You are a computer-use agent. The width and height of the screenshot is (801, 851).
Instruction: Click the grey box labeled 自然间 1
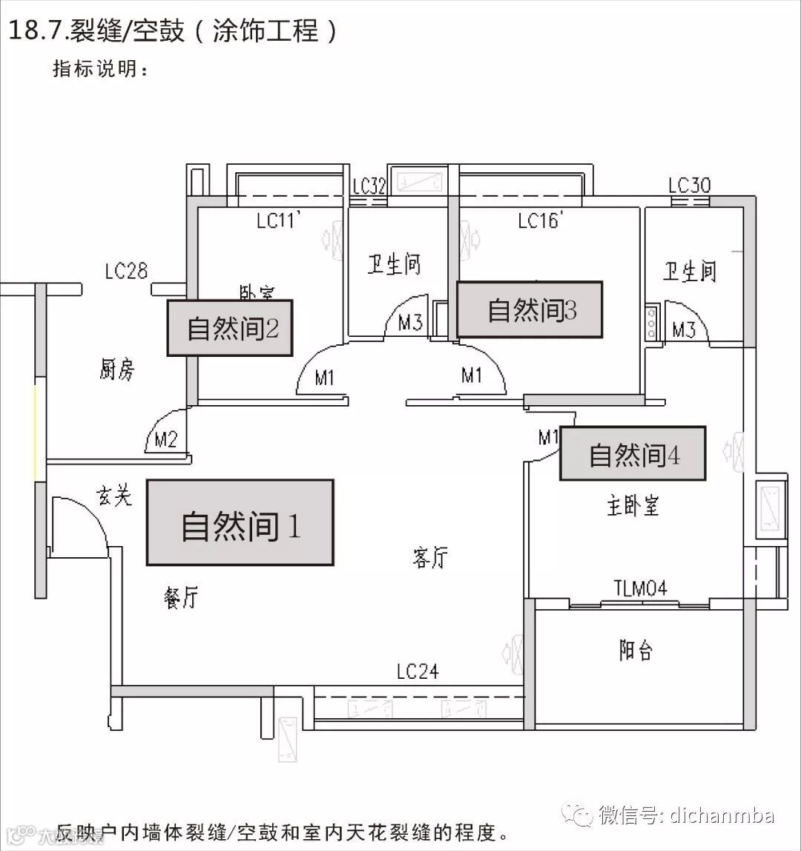point(240,523)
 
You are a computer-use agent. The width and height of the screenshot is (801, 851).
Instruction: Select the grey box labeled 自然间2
point(230,328)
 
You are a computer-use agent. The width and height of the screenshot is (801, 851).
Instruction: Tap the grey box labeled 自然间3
point(529,309)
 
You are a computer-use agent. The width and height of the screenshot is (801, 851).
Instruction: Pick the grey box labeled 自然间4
point(632,453)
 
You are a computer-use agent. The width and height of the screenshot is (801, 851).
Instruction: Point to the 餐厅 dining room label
point(181,597)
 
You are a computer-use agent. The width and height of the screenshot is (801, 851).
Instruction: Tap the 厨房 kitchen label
point(116,369)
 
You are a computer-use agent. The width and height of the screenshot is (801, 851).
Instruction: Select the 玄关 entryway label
point(114,495)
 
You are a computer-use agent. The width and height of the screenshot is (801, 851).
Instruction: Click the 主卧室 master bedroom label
point(633,506)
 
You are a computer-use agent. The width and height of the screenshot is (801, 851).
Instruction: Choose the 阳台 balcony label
point(636,651)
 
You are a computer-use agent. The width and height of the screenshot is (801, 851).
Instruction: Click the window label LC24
point(418,672)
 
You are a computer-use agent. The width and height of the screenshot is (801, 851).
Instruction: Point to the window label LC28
point(126,272)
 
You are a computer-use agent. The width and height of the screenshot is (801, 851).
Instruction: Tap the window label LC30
point(689,185)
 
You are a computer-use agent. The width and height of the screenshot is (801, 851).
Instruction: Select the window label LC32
point(369,186)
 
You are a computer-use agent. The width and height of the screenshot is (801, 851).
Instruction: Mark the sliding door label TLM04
point(640,589)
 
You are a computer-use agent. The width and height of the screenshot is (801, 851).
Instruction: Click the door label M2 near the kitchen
point(165,440)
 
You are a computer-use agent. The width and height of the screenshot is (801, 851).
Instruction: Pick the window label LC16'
point(541,220)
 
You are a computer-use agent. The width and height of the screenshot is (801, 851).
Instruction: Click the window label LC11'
point(277,220)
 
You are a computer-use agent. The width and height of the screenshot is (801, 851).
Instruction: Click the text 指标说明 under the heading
point(101,69)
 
